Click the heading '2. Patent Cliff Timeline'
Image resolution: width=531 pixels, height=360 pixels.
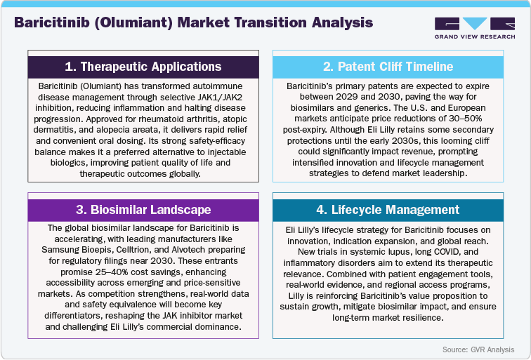click(x=388, y=67)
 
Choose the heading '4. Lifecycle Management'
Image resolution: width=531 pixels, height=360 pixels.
click(x=388, y=210)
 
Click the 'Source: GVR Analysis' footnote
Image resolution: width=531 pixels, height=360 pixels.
click(x=478, y=349)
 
